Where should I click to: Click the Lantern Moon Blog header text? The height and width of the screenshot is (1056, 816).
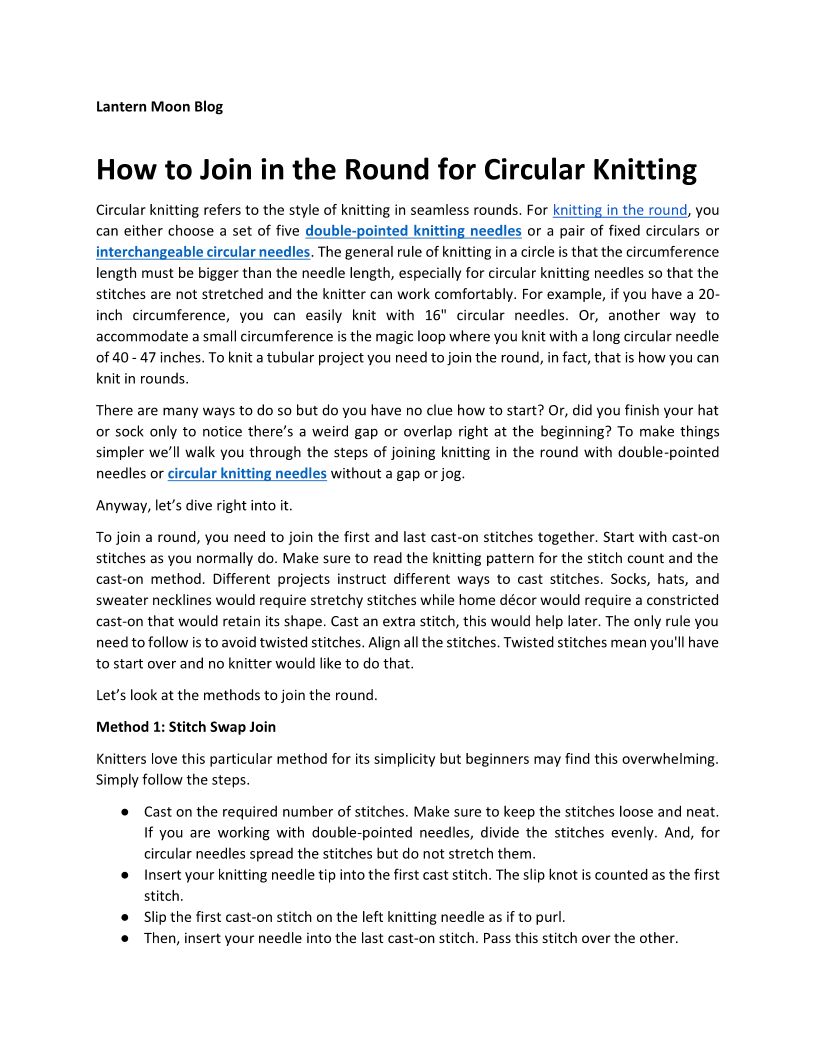point(159,106)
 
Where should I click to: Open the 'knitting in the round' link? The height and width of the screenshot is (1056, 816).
point(620,210)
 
